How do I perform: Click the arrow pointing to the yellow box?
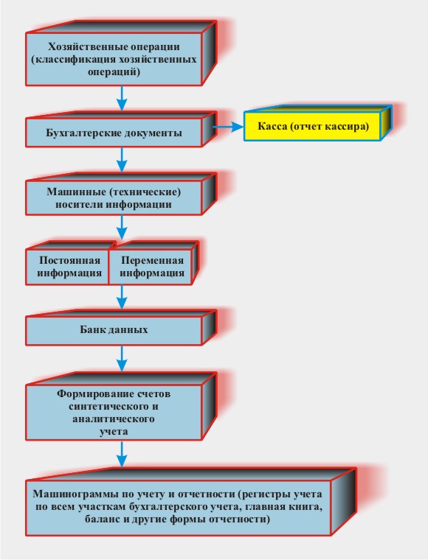(228, 127)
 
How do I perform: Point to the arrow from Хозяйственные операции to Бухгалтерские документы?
(122, 98)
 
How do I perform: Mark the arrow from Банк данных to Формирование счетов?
(122, 358)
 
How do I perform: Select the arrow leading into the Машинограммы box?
(122, 454)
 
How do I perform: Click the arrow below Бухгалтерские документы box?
(122, 160)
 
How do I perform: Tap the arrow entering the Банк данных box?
(122, 297)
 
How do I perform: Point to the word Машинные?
(76, 192)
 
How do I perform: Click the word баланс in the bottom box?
(103, 519)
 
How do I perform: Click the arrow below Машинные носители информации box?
(122, 227)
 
